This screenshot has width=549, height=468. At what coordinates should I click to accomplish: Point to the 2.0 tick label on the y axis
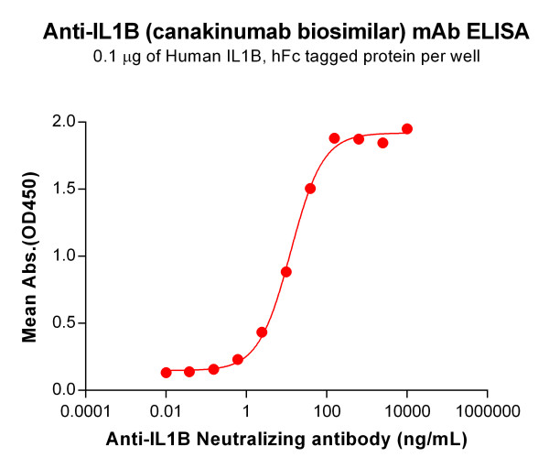coord(66,123)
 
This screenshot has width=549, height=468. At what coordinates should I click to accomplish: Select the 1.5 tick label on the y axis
coord(66,190)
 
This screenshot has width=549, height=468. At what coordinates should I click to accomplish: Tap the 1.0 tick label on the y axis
coord(66,256)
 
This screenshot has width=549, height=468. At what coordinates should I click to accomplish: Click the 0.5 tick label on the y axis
coord(66,323)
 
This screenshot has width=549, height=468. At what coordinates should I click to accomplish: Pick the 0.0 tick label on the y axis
coord(66,390)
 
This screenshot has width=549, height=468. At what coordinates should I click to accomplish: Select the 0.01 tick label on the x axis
coord(167,410)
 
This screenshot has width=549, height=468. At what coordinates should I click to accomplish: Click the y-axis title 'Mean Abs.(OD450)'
coord(30,256)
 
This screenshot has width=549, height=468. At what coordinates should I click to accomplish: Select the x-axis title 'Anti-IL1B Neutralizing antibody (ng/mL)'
coord(285,440)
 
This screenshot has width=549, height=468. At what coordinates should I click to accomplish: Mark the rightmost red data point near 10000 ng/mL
coord(407,129)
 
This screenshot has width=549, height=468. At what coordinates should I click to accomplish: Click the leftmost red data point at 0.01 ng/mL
coord(167,373)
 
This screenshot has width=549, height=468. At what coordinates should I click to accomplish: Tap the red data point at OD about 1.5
coord(310,189)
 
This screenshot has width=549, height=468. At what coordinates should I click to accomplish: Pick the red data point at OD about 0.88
coord(286,272)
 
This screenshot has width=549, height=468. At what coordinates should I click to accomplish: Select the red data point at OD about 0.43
coord(262,332)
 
